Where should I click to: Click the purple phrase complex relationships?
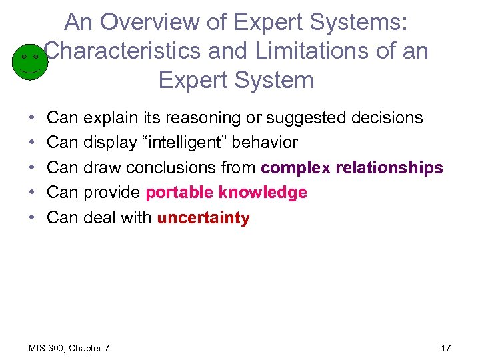point(351,168)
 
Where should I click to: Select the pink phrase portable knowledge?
point(226,193)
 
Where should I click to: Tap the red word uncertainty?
point(203,218)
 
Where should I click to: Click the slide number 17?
point(446,348)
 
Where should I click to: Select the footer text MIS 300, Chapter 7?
point(70,348)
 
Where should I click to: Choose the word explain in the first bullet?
point(111,118)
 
